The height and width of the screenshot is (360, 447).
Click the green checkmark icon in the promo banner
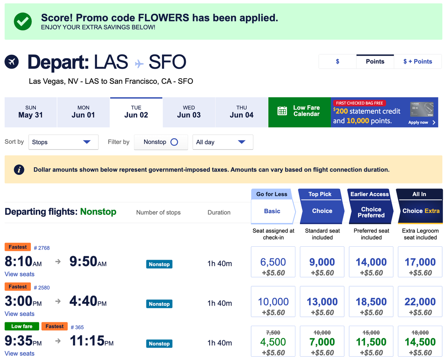point(23,21)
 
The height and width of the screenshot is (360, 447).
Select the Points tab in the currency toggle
point(375,61)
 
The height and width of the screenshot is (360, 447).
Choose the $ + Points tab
point(418,61)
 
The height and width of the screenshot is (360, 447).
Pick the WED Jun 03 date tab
point(189,112)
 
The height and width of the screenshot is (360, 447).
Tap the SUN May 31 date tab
point(31,112)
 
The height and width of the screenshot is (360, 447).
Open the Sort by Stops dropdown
point(63,142)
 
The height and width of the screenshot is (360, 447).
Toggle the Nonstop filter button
point(161,142)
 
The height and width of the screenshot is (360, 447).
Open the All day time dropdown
point(222,142)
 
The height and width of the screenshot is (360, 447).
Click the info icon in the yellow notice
point(19,170)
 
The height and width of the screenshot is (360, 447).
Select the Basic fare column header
point(272,211)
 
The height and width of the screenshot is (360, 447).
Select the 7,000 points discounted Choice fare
point(322,342)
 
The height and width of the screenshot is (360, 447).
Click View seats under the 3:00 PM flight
point(19,314)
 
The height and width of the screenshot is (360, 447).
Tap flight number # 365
point(77,327)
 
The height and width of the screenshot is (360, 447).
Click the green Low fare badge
point(22,326)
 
